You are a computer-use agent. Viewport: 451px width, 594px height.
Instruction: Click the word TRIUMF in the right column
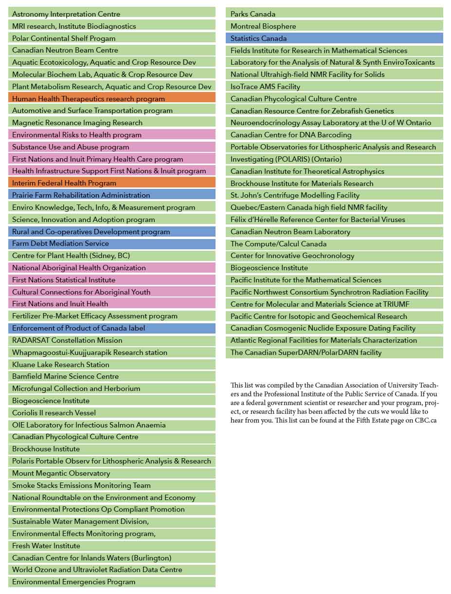point(396,304)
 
